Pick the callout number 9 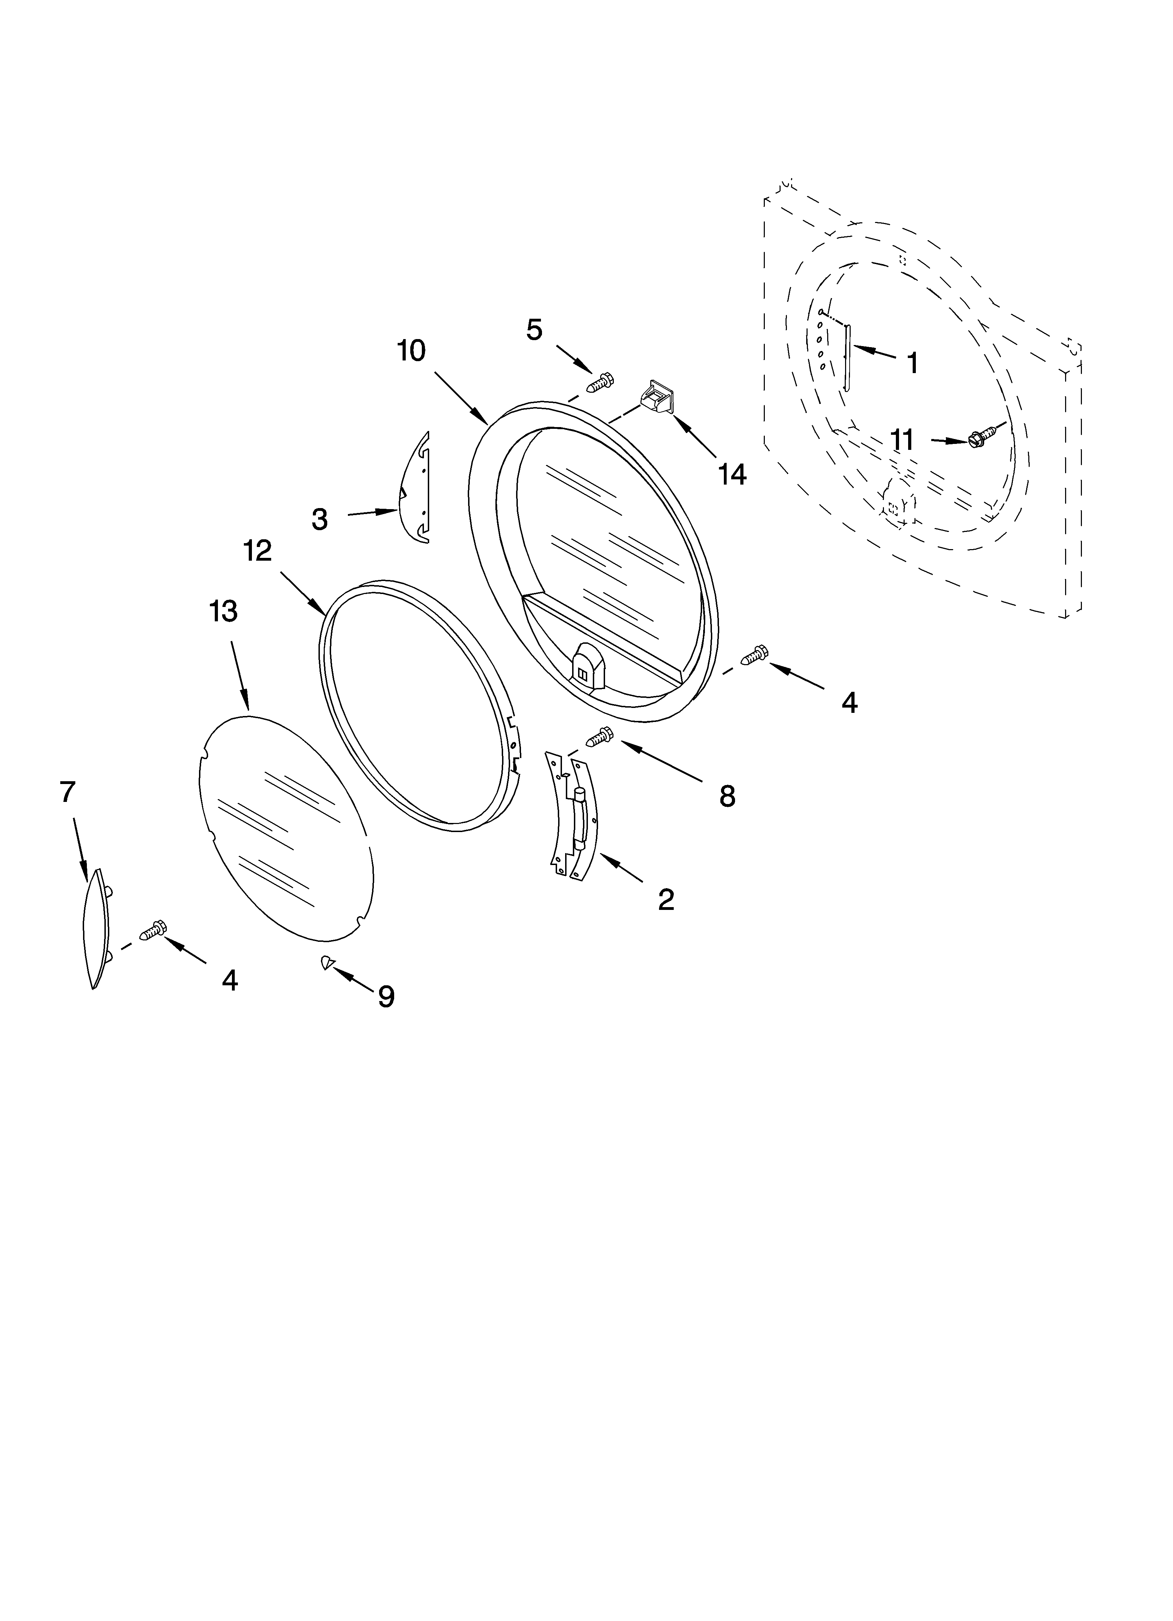[386, 996]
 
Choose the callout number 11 [903, 440]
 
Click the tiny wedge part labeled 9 [327, 963]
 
